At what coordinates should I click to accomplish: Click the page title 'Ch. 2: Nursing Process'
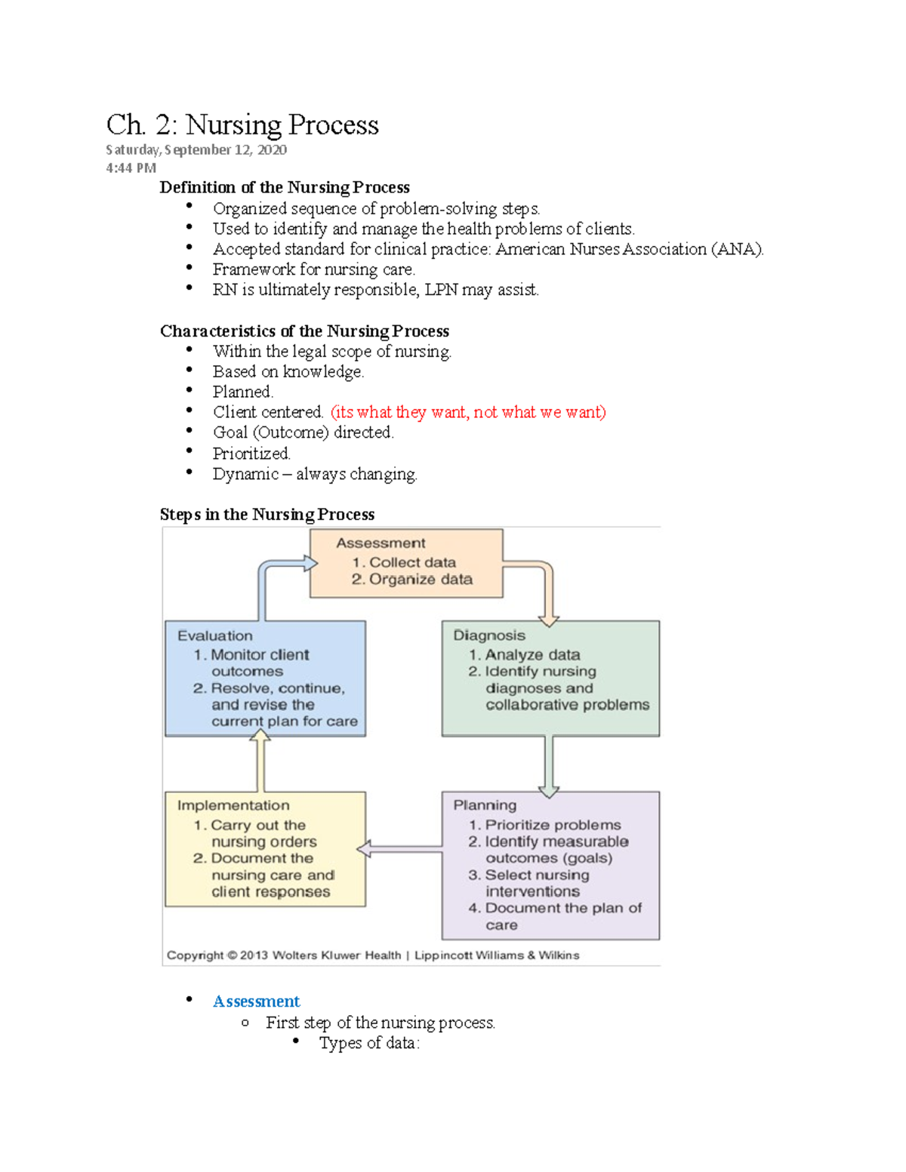pyautogui.click(x=242, y=125)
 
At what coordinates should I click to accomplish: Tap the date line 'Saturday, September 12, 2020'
pyautogui.click(x=196, y=150)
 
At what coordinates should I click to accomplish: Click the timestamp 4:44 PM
pyautogui.click(x=131, y=168)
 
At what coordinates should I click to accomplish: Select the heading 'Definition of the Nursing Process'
pyautogui.click(x=284, y=187)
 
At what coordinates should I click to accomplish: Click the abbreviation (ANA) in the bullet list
pyautogui.click(x=737, y=249)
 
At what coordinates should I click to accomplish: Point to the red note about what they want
pyautogui.click(x=468, y=412)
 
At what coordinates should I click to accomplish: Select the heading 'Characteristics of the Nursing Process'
pyautogui.click(x=304, y=331)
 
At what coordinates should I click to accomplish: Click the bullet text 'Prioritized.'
pyautogui.click(x=251, y=454)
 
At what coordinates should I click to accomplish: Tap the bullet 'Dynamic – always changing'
pyautogui.click(x=315, y=474)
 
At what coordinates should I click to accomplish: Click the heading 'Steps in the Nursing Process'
pyautogui.click(x=267, y=515)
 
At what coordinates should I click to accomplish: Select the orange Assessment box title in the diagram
pyautogui.click(x=381, y=543)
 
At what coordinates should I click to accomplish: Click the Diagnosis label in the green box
pyautogui.click(x=489, y=635)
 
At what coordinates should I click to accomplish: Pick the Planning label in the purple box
pyautogui.click(x=485, y=805)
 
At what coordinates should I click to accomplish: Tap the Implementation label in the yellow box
pyautogui.click(x=233, y=805)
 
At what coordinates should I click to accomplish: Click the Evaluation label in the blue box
pyautogui.click(x=215, y=635)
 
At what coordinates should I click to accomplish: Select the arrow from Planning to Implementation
pyautogui.click(x=400, y=850)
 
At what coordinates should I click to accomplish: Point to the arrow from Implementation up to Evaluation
pyautogui.click(x=260, y=762)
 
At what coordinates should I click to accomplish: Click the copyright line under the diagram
pyautogui.click(x=373, y=955)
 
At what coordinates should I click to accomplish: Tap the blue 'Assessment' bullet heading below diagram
pyautogui.click(x=256, y=1001)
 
